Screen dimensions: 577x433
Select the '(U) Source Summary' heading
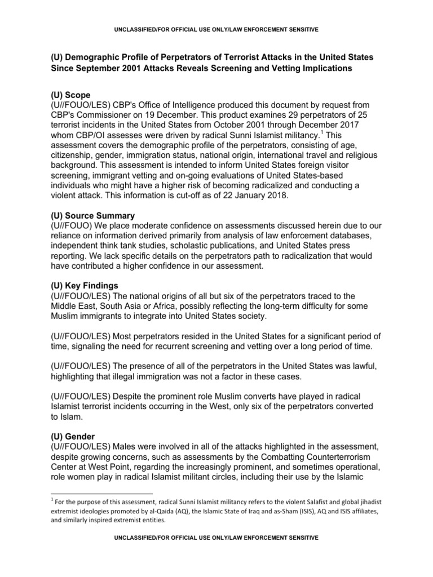tap(91, 216)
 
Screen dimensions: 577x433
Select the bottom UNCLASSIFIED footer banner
tap(216, 538)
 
